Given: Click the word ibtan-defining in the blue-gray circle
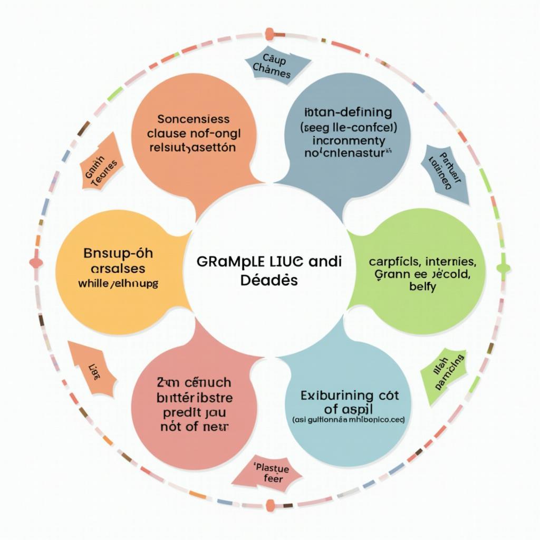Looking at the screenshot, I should pyautogui.click(x=349, y=112).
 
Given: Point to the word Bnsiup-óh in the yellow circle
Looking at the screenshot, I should pyautogui.click(x=118, y=253).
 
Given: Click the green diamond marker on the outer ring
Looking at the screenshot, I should pyautogui.click(x=504, y=268).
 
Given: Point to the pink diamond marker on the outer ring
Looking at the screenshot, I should pyautogui.click(x=36, y=262).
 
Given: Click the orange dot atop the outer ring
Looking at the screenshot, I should pyautogui.click(x=270, y=34).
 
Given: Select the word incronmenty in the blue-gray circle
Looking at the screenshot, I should pyautogui.click(x=349, y=141).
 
